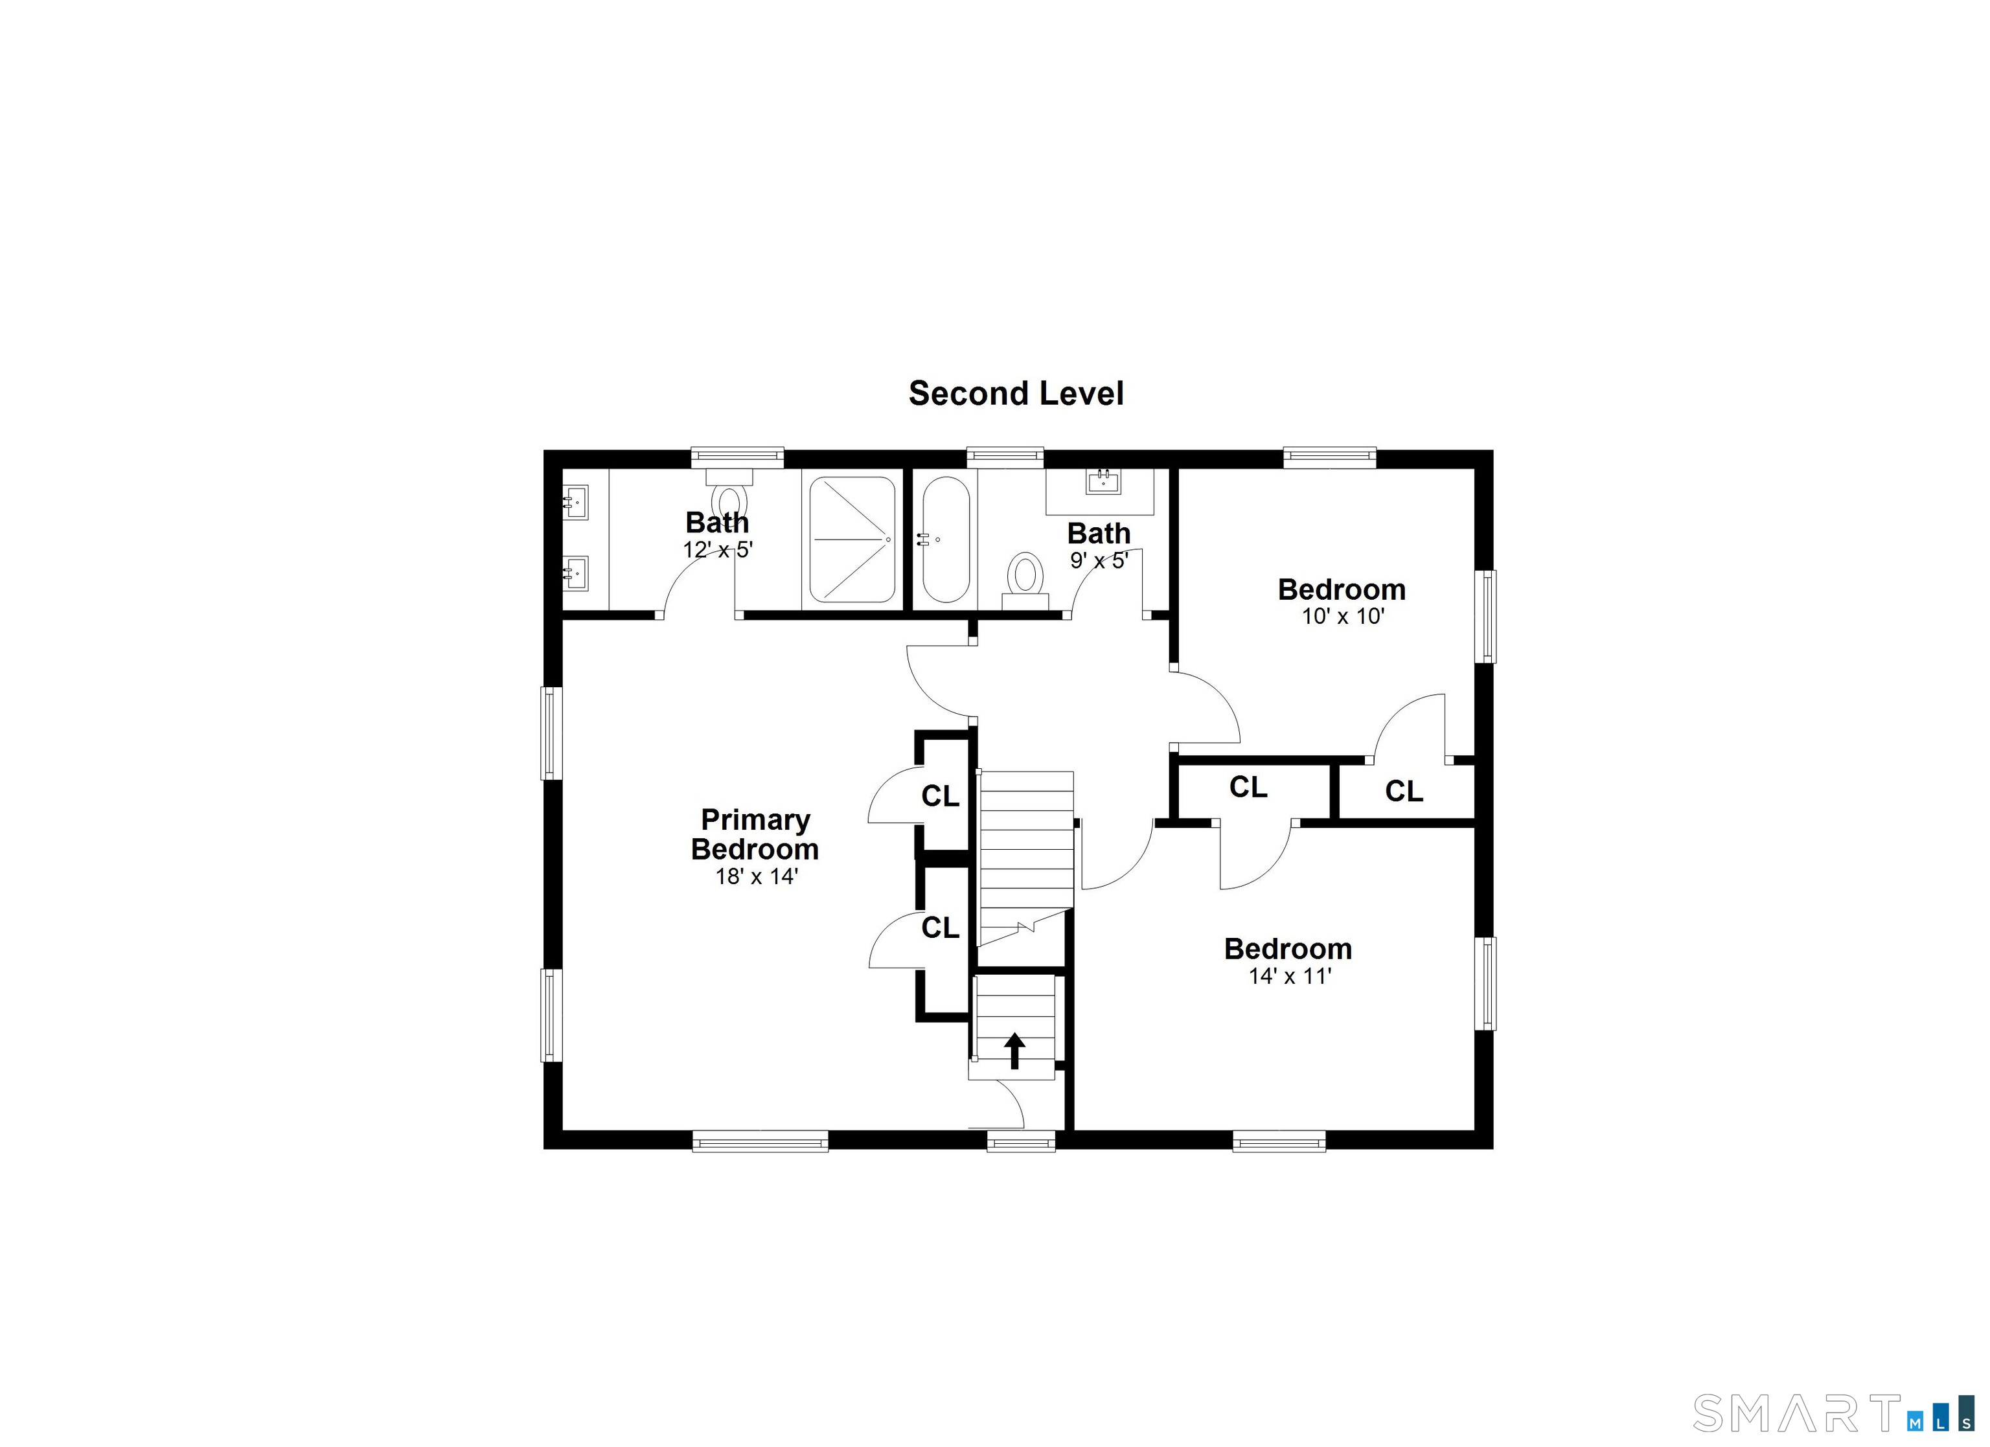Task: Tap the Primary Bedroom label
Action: point(755,834)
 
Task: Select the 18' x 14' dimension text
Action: point(757,876)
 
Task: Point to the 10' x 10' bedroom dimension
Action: point(1342,616)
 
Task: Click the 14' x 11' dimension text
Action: point(1290,975)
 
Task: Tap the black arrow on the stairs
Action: point(1015,1051)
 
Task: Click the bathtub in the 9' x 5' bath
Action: point(946,539)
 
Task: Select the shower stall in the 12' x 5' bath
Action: point(852,539)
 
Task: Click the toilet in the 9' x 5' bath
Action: point(1025,580)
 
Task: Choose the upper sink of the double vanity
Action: point(575,503)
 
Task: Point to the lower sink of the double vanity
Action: point(575,574)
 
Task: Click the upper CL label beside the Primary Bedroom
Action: point(940,796)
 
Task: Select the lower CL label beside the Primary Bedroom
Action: point(940,928)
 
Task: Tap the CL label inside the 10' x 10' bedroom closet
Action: point(1403,792)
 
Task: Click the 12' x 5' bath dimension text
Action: point(718,550)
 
